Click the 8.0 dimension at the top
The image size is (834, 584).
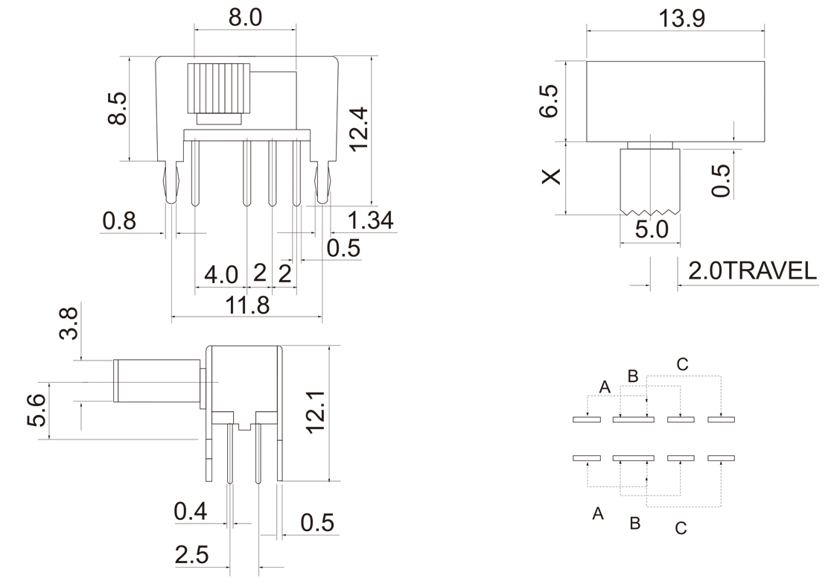coord(245,18)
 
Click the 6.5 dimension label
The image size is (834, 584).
coord(550,101)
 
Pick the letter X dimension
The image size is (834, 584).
coord(550,177)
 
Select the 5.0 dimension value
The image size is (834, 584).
coord(652,229)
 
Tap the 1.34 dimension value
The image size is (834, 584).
coord(370,220)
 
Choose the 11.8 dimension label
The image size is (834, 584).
coord(249,305)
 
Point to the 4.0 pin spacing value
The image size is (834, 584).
coord(221,274)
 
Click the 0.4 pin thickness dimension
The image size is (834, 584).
coord(191,511)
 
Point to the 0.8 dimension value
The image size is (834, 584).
coord(120,221)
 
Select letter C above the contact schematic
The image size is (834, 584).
coord(682,365)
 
